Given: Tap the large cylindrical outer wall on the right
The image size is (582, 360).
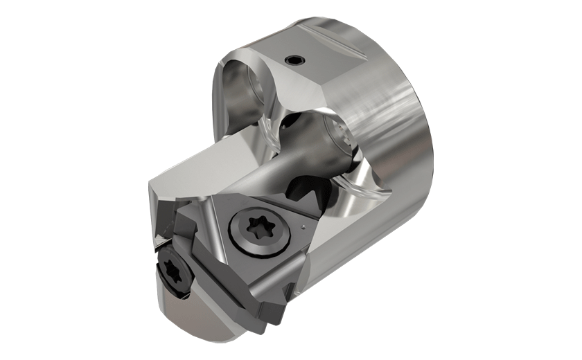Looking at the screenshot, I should point(402,173).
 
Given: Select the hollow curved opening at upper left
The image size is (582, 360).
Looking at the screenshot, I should point(239,90).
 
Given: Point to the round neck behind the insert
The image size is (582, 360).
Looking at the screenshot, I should point(277,166).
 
